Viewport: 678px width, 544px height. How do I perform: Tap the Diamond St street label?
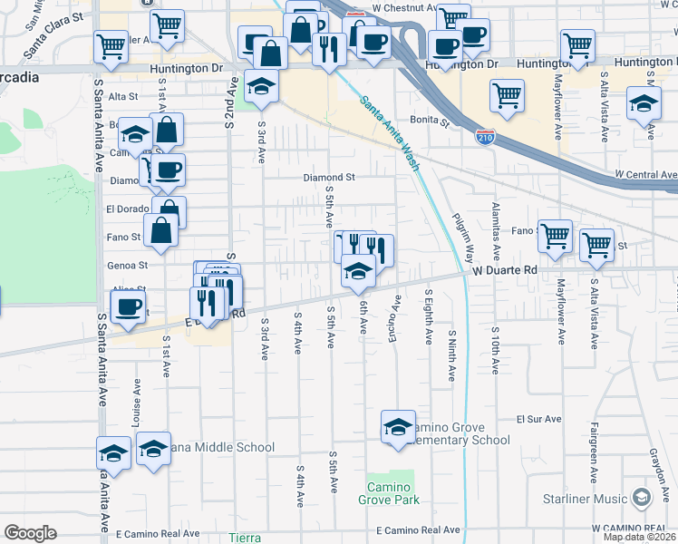(329, 178)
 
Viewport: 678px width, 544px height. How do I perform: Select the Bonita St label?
(430, 119)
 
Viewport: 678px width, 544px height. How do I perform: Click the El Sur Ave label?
(535, 420)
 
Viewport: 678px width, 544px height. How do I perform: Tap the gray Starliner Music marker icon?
(642, 497)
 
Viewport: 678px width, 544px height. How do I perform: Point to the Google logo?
(30, 533)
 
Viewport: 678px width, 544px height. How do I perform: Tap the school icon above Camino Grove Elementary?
(398, 428)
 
